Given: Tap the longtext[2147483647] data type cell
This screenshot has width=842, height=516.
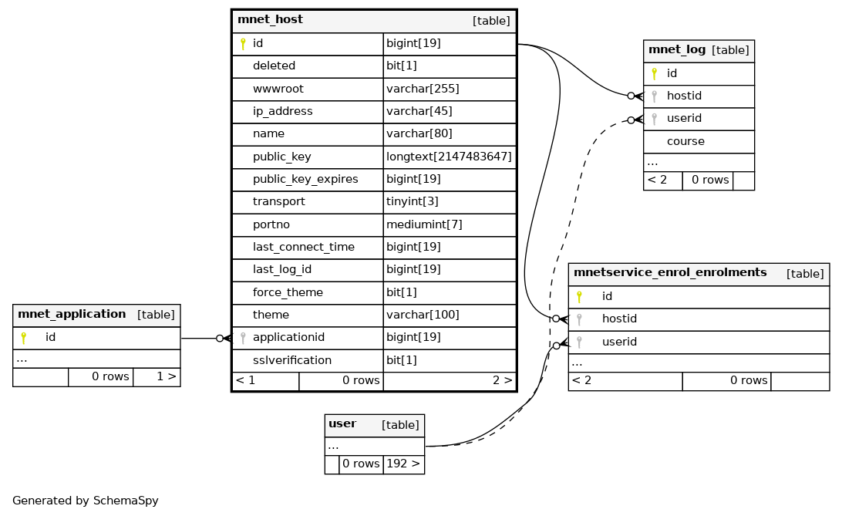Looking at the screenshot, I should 449,157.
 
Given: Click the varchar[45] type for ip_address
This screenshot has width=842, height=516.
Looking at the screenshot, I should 419,111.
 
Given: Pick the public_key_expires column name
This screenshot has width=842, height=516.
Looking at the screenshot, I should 305,179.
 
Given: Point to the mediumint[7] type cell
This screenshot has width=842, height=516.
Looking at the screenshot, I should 423,224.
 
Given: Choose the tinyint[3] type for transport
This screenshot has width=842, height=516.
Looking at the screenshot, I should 412,201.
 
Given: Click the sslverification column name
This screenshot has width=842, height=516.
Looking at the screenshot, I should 291,360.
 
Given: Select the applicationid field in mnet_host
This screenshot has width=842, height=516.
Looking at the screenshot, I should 288,338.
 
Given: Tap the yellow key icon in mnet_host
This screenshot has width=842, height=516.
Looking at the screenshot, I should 243,44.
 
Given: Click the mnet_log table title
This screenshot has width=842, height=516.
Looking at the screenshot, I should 677,50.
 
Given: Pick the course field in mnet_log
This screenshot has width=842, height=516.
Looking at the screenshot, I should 685,142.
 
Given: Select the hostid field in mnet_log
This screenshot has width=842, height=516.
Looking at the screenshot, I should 684,96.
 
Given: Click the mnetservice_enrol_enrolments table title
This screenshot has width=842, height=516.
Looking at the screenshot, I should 670,273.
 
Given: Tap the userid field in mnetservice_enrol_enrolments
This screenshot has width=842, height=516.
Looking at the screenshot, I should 619,342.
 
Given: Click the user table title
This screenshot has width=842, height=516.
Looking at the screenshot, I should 342,424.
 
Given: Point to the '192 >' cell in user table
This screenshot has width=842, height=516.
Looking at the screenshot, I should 402,464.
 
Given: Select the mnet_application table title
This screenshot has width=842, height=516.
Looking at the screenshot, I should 72,315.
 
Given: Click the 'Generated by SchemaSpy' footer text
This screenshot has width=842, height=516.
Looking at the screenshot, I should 86,501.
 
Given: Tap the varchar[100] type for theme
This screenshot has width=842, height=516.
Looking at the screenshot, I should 422,315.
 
